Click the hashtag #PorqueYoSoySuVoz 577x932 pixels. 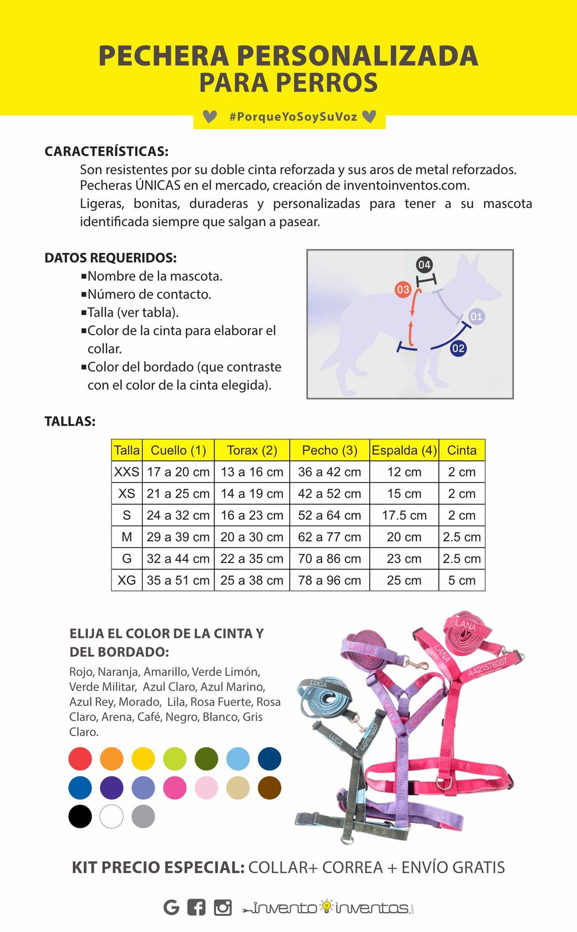[293, 117]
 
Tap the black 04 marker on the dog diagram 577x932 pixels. [424, 265]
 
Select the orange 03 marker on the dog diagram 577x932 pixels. [403, 290]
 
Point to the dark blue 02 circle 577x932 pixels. [458, 349]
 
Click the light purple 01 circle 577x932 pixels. [477, 317]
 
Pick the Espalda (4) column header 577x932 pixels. [404, 450]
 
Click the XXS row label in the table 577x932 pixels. [127, 472]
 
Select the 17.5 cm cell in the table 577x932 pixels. [404, 515]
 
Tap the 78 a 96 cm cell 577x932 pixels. [330, 580]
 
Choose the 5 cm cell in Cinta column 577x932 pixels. [462, 580]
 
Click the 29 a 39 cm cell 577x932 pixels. [178, 537]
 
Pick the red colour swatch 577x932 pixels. [80, 759]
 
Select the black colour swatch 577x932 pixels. [80, 816]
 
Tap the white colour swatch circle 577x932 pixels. [112, 816]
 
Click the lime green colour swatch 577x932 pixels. [175, 759]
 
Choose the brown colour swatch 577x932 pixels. [269, 787]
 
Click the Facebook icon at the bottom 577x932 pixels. [196, 907]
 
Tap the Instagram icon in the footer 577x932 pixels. [223, 907]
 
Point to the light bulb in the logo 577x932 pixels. [327, 906]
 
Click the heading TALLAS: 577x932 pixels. [70, 421]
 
